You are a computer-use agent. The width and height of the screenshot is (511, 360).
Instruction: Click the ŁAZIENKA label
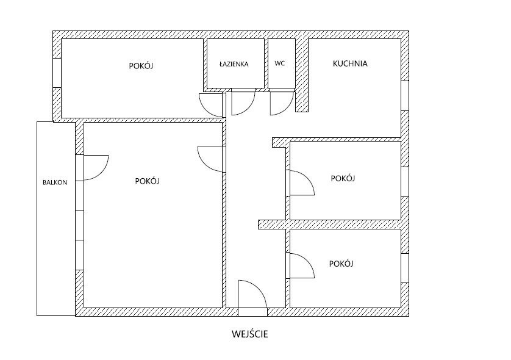tap(234, 64)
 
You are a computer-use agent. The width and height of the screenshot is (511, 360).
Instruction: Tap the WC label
tap(280, 63)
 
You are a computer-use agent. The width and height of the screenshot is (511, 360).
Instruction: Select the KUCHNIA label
tap(350, 63)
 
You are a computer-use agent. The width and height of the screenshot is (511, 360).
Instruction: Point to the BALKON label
tap(55, 182)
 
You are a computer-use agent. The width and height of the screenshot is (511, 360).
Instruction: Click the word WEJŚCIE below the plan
tap(250, 334)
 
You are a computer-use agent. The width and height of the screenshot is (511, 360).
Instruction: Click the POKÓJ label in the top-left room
tap(141, 66)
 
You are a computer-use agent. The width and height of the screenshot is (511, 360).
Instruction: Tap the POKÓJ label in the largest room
tap(148, 181)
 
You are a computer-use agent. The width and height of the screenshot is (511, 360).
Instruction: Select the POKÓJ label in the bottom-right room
tap(341, 264)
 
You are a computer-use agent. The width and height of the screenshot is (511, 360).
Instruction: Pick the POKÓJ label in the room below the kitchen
tap(343, 178)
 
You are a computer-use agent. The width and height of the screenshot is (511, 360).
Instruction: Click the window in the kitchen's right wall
tap(405, 96)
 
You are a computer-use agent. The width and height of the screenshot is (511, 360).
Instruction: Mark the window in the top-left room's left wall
tap(57, 73)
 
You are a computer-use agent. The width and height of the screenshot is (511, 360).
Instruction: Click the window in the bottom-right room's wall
tap(405, 268)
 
